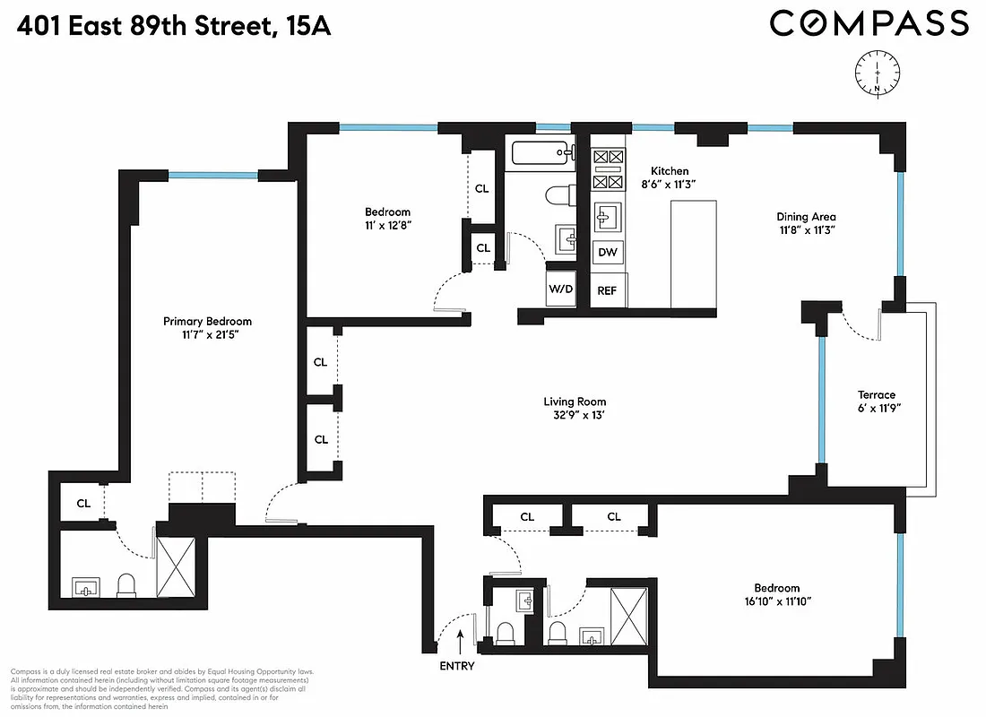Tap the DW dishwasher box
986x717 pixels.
click(x=608, y=253)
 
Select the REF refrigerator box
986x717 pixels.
click(x=608, y=290)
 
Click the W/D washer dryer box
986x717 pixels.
click(x=561, y=289)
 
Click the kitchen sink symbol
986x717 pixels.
click(x=608, y=216)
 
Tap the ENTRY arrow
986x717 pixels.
click(x=462, y=642)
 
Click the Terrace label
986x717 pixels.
click(x=876, y=395)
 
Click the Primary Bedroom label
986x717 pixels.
click(x=207, y=322)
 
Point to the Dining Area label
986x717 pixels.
click(x=806, y=216)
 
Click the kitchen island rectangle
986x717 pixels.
click(x=694, y=254)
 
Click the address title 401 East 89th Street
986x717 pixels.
click(x=143, y=27)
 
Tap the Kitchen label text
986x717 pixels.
click(x=669, y=170)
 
